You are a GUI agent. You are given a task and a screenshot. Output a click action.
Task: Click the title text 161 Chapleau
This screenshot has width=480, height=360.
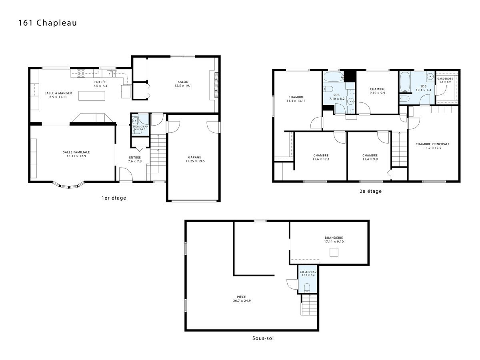(x=48, y=23)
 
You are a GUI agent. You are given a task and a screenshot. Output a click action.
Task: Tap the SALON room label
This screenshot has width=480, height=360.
(x=183, y=82)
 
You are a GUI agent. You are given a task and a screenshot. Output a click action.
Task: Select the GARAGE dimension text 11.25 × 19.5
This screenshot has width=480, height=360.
(x=195, y=161)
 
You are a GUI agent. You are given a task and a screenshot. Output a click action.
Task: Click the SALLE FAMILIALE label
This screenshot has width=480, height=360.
(x=76, y=152)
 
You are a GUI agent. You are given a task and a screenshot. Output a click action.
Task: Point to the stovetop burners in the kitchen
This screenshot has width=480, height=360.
(x=81, y=73)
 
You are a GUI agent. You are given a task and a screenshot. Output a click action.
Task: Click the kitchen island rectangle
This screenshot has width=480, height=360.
(x=92, y=96)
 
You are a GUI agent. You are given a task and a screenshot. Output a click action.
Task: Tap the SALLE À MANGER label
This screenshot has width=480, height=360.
(x=58, y=93)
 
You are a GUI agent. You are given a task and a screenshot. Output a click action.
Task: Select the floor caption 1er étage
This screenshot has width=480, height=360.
(x=114, y=198)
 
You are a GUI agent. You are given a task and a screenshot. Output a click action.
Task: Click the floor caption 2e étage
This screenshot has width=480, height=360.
(x=370, y=191)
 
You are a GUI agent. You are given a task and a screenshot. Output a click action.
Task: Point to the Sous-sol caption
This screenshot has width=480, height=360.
(x=263, y=338)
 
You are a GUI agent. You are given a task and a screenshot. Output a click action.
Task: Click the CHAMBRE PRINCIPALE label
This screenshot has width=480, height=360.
(x=432, y=144)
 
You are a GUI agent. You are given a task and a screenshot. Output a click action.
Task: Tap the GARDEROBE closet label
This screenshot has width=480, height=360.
(x=445, y=79)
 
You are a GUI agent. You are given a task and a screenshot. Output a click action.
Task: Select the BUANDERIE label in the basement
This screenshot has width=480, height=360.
(x=334, y=238)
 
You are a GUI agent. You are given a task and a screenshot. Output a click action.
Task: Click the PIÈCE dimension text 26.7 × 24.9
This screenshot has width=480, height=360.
(x=242, y=300)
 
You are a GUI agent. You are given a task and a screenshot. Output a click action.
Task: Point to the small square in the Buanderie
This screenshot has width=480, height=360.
(x=334, y=252)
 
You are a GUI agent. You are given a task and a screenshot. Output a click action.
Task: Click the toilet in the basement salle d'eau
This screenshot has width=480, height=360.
(x=307, y=288)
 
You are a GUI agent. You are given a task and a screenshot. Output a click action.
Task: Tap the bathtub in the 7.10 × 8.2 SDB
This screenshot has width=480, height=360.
(x=334, y=77)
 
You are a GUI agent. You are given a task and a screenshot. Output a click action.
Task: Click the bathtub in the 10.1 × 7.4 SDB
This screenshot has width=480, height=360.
(x=405, y=82)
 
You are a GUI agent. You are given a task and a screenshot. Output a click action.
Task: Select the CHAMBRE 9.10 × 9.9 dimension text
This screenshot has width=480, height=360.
(x=378, y=93)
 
